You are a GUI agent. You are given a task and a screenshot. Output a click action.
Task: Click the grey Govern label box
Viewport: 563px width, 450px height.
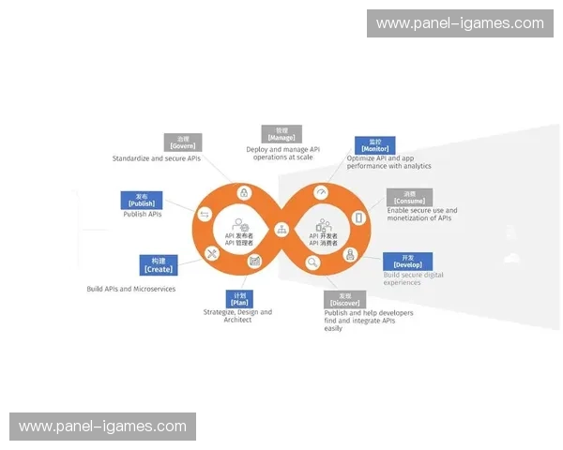pyautogui.click(x=182, y=142)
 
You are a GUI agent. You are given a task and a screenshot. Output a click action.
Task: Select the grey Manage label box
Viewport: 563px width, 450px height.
pyautogui.click(x=281, y=134)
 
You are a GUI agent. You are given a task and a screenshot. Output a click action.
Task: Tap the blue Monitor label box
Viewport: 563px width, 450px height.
pyautogui.click(x=374, y=145)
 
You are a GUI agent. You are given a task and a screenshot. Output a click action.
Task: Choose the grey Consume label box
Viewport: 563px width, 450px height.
pyautogui.click(x=409, y=198)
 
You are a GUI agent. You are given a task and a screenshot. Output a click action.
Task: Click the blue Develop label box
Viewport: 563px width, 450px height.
pyautogui.click(x=407, y=261)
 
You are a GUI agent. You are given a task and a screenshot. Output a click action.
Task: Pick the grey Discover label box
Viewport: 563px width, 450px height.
pyautogui.click(x=344, y=299)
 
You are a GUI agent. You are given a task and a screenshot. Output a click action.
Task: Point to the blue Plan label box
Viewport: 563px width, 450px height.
pyautogui.click(x=239, y=299)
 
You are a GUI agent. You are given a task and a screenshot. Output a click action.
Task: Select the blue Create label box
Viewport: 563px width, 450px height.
pyautogui.click(x=158, y=263)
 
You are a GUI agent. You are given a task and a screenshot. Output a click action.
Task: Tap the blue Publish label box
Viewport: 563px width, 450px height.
pyautogui.click(x=142, y=200)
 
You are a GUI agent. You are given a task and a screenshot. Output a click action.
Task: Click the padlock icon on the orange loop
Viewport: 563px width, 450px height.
pyautogui.click(x=244, y=192)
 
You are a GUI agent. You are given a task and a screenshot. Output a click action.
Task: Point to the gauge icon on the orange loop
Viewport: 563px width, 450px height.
pyautogui.click(x=321, y=192)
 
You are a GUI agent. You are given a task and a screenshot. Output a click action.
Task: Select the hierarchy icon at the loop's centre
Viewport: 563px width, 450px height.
pyautogui.click(x=281, y=229)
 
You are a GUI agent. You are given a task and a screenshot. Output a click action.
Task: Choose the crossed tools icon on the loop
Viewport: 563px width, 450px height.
pyautogui.click(x=212, y=252)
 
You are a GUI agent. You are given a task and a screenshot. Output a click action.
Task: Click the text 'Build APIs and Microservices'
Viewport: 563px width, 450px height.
pyautogui.click(x=130, y=289)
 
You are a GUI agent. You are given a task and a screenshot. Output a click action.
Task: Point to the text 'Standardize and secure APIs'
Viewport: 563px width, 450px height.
pyautogui.click(x=157, y=158)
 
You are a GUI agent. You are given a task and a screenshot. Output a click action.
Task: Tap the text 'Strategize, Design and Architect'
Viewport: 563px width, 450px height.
pyautogui.click(x=237, y=316)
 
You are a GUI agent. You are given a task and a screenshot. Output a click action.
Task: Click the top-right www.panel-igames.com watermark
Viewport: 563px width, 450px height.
pyautogui.click(x=460, y=23)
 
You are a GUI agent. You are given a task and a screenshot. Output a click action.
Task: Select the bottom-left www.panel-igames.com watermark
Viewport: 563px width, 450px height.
pyautogui.click(x=103, y=427)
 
